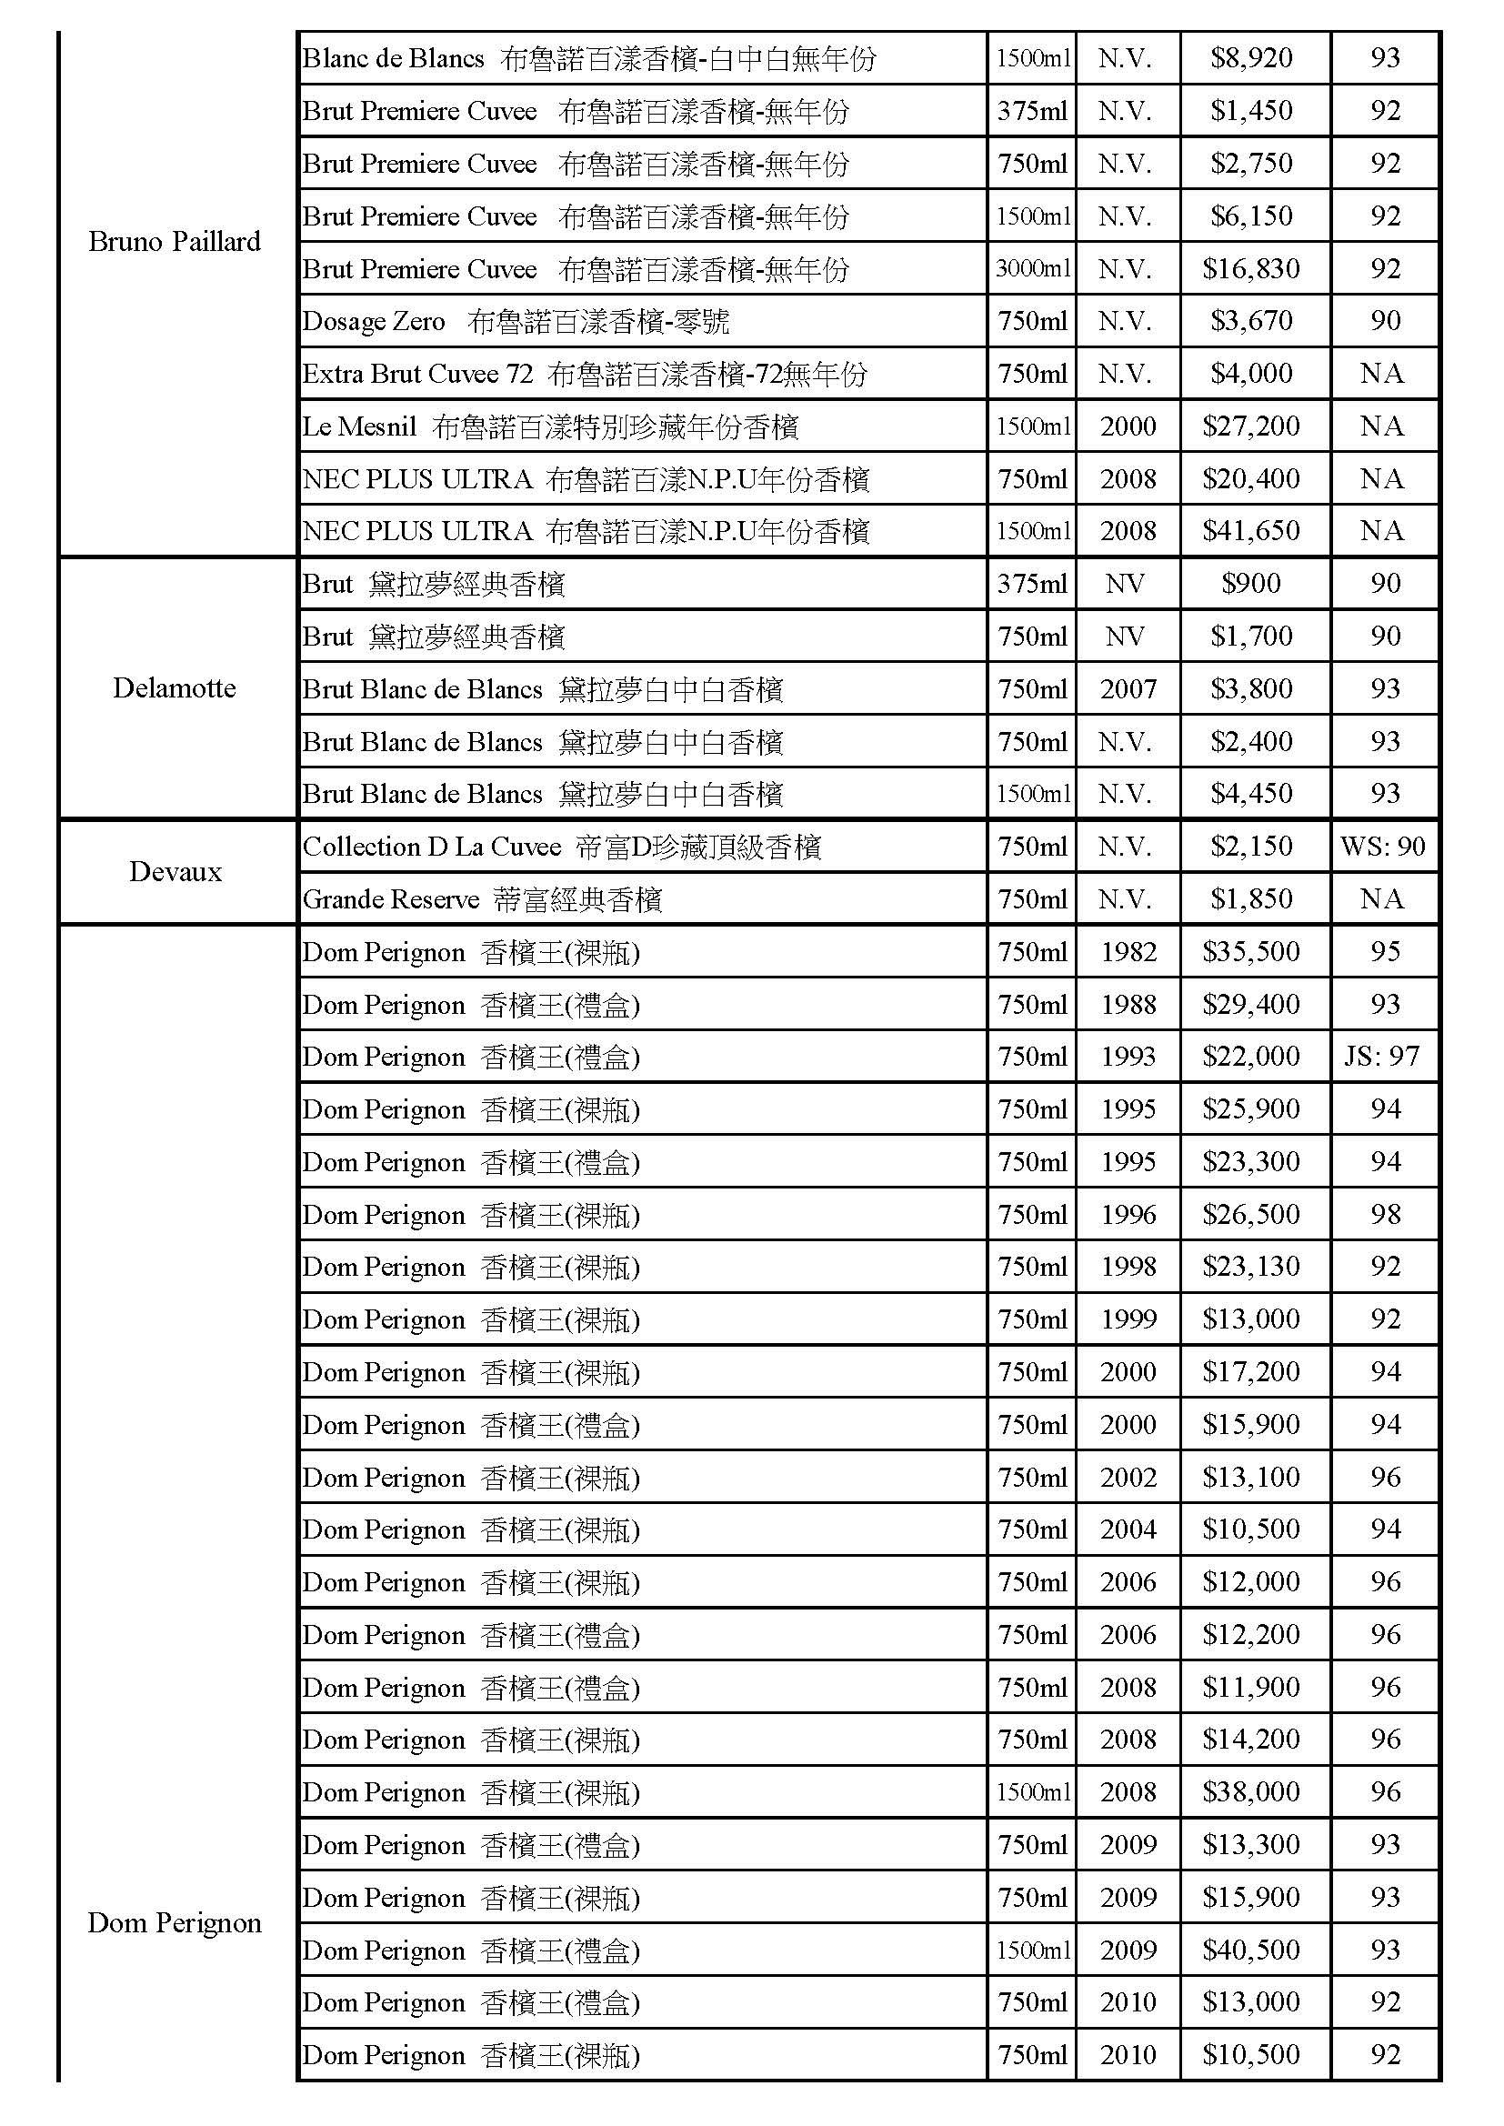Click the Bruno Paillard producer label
(174, 242)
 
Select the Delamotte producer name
(174, 688)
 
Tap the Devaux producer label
(175, 871)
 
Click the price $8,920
(1250, 58)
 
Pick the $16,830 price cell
(1250, 268)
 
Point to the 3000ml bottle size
(1033, 268)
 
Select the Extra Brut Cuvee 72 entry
(417, 374)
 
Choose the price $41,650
(1250, 530)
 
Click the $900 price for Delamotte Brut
(1250, 584)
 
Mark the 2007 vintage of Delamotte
(1128, 689)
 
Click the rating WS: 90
(1383, 847)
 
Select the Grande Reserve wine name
(391, 899)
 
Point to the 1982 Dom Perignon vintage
(1128, 952)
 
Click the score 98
(1385, 1214)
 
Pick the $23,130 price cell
(1250, 1267)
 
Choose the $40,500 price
(1250, 1951)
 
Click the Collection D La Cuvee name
(432, 847)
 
